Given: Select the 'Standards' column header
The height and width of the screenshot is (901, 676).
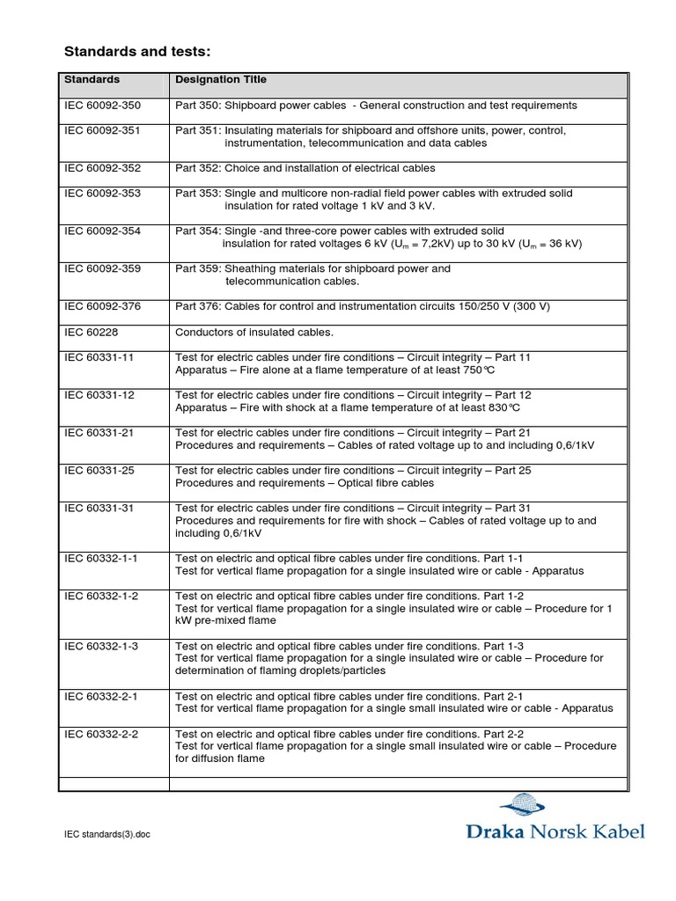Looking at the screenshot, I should click(92, 79).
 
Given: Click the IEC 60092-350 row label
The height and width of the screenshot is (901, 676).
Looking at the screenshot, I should click(102, 106).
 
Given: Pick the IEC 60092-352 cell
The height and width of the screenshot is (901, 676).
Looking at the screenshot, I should click(102, 168).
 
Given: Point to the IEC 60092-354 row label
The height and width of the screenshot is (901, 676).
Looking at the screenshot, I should click(102, 231).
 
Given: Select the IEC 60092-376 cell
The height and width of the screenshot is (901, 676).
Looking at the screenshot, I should click(102, 306).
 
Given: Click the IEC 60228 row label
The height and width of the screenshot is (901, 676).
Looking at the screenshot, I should click(90, 333).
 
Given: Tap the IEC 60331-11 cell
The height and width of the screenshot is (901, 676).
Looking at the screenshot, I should click(99, 358).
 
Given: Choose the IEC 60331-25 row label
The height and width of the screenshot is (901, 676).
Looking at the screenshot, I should click(99, 471).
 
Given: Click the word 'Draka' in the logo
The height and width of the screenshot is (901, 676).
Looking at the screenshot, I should click(494, 831).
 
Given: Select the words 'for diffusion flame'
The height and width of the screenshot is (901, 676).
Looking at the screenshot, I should click(220, 758).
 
